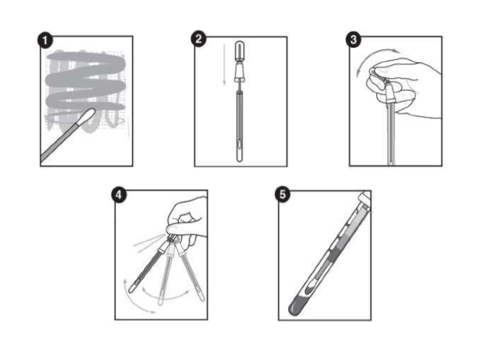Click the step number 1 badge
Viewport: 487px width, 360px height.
pos(46,40)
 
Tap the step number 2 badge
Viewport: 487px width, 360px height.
pos(198,39)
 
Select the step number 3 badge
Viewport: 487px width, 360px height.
pos(353,40)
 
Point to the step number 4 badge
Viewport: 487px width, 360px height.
pos(119,195)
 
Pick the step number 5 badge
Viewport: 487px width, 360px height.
pos(282,194)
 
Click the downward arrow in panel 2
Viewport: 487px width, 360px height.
pos(224,64)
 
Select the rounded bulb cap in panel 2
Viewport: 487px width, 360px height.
pos(240,51)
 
